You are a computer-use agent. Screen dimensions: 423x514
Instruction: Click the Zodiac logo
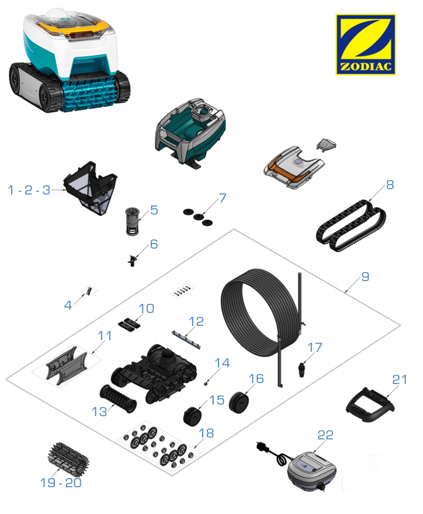point(365,44)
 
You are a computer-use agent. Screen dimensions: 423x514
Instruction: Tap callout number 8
point(389,185)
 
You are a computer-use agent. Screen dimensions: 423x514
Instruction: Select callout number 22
point(325,435)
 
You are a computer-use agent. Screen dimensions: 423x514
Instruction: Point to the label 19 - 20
point(60,483)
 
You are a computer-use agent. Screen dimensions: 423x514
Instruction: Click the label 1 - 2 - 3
point(29,190)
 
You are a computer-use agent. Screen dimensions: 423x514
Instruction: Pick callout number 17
point(315,347)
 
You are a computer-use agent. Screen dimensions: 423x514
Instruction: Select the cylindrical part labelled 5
point(133,221)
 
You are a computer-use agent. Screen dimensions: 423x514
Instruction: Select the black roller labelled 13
point(118,399)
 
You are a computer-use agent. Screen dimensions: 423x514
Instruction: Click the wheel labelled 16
point(238,402)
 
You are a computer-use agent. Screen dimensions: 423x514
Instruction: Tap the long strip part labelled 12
point(186,339)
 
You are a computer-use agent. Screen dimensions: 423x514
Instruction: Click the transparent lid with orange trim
point(293,167)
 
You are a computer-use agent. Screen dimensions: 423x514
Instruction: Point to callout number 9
point(365,277)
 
